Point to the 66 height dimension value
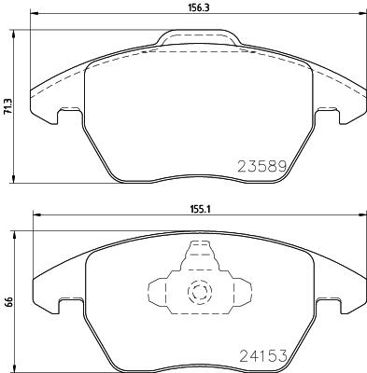8,301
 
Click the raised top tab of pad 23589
196,38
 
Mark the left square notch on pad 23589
65,117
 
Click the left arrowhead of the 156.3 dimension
34,14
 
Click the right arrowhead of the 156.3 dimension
360,14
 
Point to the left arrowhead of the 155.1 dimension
36,217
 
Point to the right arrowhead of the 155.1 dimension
360,217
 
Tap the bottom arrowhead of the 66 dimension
17,366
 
